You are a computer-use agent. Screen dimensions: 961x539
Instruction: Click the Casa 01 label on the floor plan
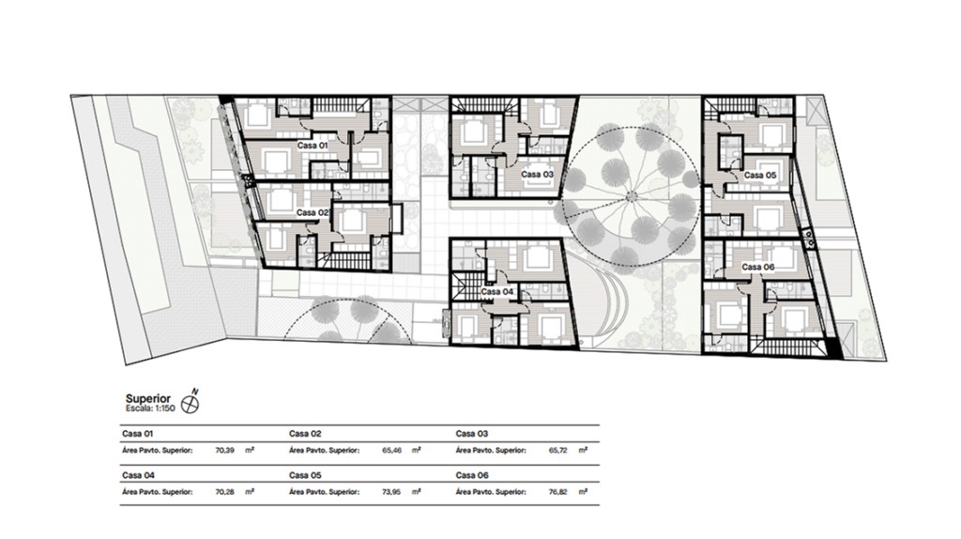(x=313, y=146)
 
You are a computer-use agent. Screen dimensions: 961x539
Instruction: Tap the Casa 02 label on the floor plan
(x=313, y=213)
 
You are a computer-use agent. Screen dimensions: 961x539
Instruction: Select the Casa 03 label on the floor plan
(x=538, y=174)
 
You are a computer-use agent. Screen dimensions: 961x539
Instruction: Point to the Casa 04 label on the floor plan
(x=497, y=292)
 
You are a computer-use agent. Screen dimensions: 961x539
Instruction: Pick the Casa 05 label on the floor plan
(x=760, y=176)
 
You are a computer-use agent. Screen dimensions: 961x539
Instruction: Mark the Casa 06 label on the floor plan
(x=758, y=268)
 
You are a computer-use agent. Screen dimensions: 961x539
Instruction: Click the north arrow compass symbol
(x=191, y=403)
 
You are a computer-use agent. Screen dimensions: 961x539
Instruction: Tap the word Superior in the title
(x=148, y=399)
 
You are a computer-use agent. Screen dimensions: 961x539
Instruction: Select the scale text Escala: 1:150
(x=150, y=408)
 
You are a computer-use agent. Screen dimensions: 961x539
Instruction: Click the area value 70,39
(x=225, y=450)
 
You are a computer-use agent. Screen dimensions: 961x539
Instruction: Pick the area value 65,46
(x=391, y=450)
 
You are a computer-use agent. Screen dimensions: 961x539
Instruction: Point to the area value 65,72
(x=558, y=450)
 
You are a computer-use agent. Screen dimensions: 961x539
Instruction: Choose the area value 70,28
(x=225, y=492)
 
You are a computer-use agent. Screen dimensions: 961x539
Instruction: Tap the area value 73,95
(x=391, y=492)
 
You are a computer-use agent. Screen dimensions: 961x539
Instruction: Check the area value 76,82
(x=558, y=492)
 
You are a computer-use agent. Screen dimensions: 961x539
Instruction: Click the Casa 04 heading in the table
(x=138, y=475)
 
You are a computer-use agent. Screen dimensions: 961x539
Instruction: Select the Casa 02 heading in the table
(x=305, y=434)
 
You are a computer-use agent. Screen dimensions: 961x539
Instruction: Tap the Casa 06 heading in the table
(x=472, y=475)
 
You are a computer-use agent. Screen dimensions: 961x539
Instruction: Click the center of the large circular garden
(x=631, y=195)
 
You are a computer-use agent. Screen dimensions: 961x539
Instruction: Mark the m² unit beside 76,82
(x=583, y=491)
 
